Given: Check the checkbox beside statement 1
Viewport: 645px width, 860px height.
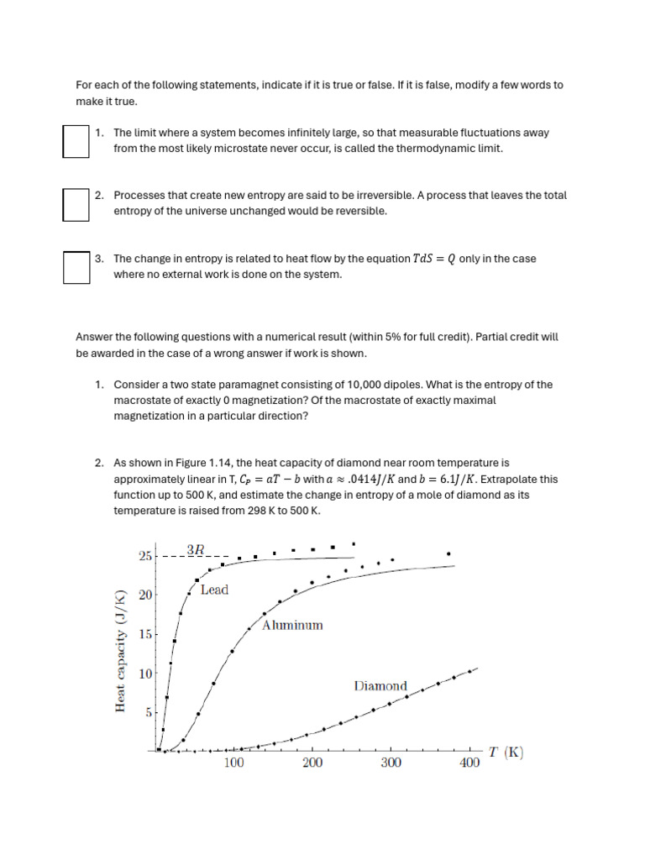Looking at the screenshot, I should tap(76, 141).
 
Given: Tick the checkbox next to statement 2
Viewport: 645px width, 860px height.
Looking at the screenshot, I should tap(76, 204).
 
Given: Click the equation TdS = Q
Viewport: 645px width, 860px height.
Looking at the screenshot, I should tap(435, 259).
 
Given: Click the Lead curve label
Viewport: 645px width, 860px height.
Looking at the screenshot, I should tap(214, 590).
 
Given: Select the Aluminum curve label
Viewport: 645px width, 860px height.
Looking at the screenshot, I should tap(292, 626).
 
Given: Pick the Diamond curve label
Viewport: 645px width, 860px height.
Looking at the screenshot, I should tap(380, 686).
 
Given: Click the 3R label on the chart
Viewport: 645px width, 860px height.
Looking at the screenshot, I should tap(195, 549).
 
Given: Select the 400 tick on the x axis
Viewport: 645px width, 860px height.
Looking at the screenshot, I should tap(469, 763).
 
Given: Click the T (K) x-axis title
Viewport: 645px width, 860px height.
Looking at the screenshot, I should tap(506, 752).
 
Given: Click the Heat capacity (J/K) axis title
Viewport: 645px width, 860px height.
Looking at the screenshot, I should tap(119, 651).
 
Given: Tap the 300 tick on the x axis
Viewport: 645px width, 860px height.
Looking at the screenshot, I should tap(391, 763).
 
